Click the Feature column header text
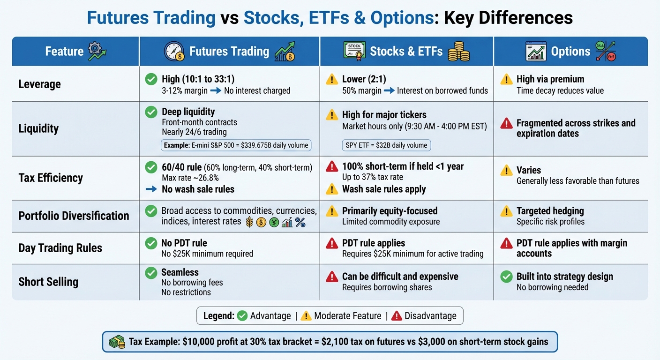[64, 51]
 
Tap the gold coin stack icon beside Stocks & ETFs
[458, 51]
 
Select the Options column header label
[570, 51]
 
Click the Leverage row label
[40, 84]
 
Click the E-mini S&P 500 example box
[236, 145]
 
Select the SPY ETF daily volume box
[386, 145]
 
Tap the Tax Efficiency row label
[51, 178]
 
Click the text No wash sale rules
[198, 189]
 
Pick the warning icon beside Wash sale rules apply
[332, 189]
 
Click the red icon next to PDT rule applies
[332, 243]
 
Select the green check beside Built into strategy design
[506, 277]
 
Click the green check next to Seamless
[151, 273]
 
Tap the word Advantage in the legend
[270, 316]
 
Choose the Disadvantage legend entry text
[431, 316]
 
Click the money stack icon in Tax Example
[118, 342]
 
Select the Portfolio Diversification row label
[74, 216]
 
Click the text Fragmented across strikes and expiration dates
[576, 128]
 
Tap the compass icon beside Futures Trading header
[174, 51]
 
